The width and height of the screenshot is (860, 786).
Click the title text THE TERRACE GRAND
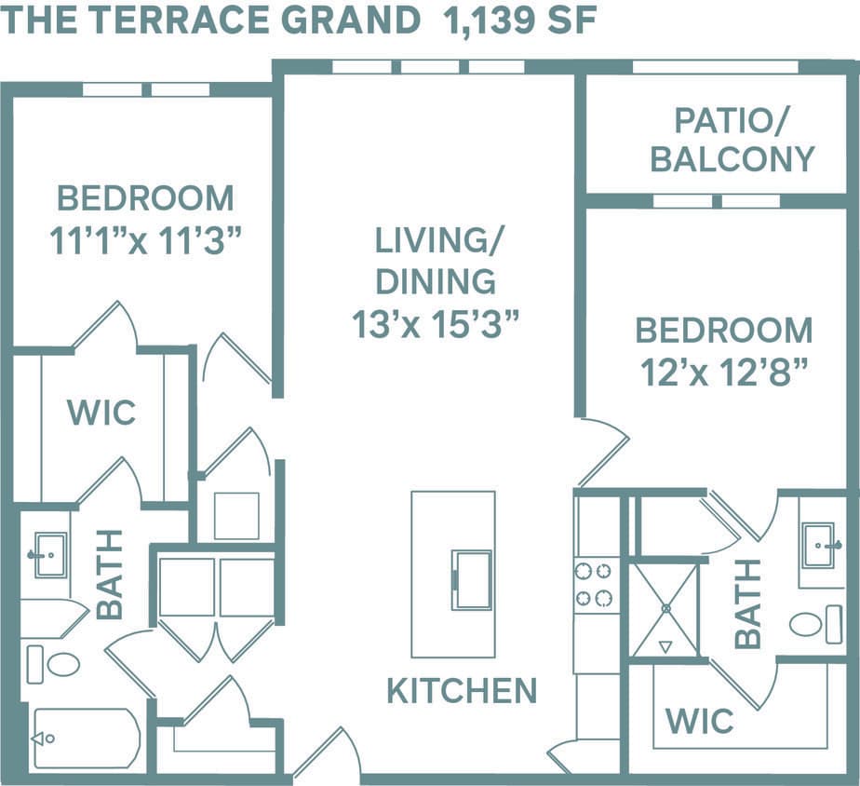pos(209,20)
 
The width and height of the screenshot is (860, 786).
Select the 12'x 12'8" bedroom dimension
pos(723,373)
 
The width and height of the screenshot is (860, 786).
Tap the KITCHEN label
pos(462,691)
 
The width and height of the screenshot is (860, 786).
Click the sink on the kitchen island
pos(472,579)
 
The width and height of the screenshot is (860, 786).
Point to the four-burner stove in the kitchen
pos(596,584)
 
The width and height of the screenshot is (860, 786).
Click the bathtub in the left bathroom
pos(86,739)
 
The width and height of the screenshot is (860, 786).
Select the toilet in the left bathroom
pos(54,664)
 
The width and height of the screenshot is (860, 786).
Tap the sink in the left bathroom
pos(48,555)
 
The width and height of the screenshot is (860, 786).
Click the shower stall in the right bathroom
pos(665,610)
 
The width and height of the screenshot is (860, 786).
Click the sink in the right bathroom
pos(818,545)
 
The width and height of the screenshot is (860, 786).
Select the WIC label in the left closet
pos(101,412)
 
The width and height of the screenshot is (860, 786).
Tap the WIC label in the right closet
pos(699,720)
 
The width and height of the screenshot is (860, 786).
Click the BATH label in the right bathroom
pos(747,603)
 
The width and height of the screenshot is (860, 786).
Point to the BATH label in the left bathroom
pos(109,575)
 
